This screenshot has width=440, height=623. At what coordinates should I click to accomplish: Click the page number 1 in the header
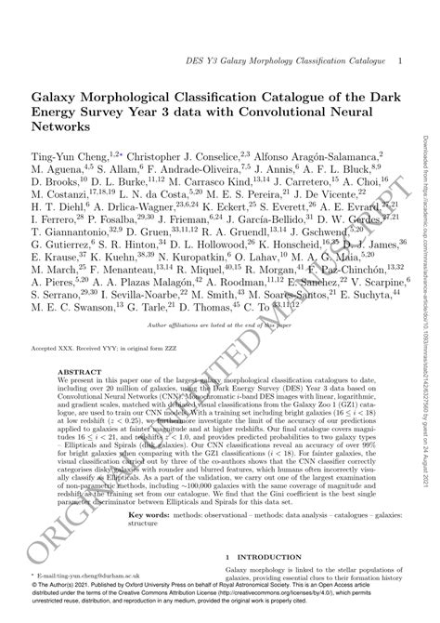(x=399, y=60)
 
